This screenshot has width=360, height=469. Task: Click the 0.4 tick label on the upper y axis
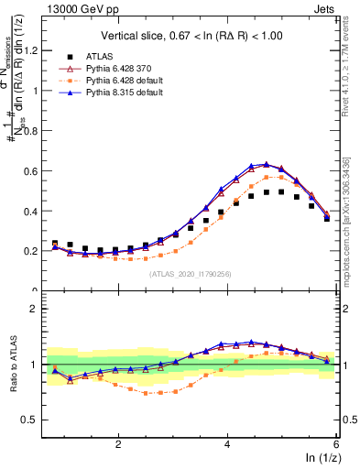[x=34, y=211]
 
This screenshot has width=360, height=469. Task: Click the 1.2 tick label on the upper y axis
[x=34, y=50]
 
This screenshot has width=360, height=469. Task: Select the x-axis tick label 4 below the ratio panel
[x=227, y=443]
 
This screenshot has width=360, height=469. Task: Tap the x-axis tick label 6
[x=336, y=443]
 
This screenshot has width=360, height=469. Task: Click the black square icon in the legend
[x=73, y=57]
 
